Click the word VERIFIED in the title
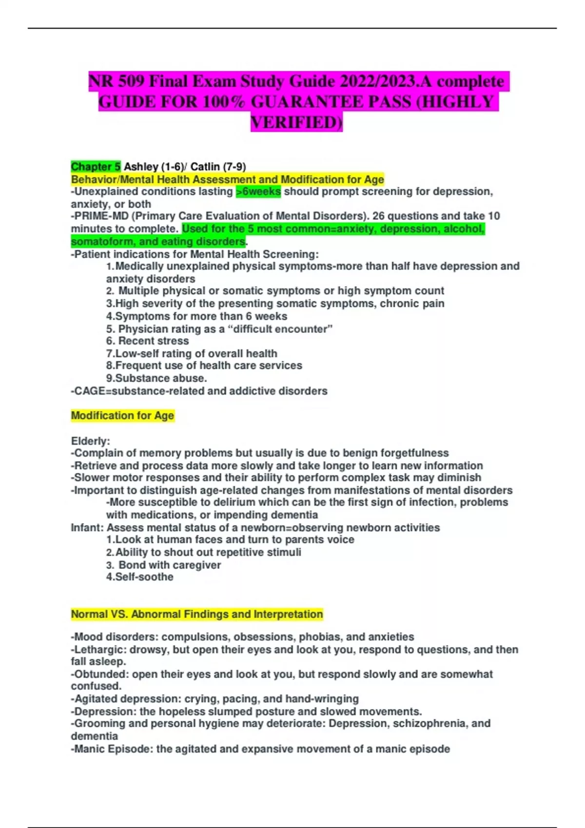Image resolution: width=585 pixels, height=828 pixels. click(x=296, y=122)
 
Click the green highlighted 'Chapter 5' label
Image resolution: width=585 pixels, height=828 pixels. click(x=96, y=167)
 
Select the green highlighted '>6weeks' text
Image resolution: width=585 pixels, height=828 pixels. click(x=258, y=191)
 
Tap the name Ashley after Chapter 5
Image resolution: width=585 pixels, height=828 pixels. click(x=141, y=167)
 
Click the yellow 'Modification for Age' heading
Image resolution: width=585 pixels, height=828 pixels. click(x=122, y=415)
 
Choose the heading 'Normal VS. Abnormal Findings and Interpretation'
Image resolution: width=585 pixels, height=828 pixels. click(x=197, y=614)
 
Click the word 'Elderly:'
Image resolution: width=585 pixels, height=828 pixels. click(x=91, y=441)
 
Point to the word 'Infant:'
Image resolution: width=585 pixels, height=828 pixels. click(x=87, y=527)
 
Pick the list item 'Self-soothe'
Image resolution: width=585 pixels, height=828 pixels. click(x=144, y=577)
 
